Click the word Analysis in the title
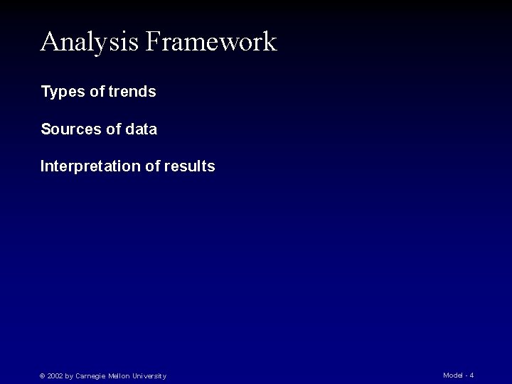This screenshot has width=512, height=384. tap(90, 43)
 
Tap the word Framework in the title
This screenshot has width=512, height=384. tap(210, 41)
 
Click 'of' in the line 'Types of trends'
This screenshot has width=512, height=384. tap(96, 92)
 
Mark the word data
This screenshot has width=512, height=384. tap(141, 129)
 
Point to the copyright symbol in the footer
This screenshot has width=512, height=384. tap(43, 376)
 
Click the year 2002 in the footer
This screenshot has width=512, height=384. tap(55, 376)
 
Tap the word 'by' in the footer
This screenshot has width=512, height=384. tap(69, 376)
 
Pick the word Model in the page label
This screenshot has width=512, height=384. tap(452, 375)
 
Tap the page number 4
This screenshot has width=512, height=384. tap(471, 375)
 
